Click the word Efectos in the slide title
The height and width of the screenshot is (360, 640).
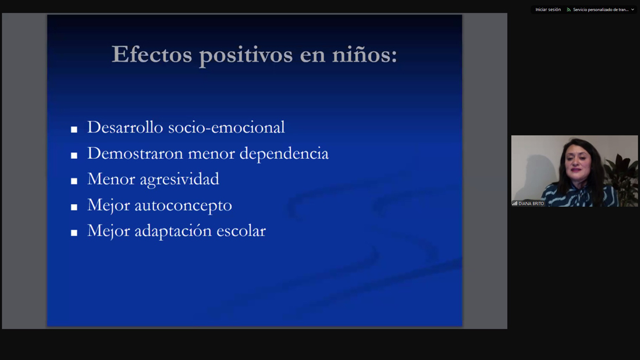[x=152, y=54]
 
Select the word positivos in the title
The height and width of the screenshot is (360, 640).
[x=246, y=55]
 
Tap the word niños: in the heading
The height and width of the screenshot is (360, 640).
[x=364, y=54]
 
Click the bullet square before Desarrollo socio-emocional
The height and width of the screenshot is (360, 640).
[x=74, y=129]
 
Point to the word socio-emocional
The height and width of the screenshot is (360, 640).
[x=226, y=127]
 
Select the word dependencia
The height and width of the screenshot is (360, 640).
[x=284, y=154]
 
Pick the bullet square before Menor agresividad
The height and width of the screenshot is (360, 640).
[x=74, y=181]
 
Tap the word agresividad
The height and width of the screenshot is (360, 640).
[x=179, y=180]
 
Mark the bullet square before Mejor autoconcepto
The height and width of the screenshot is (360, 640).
[x=74, y=207]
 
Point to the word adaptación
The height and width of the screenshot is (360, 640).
[x=173, y=231]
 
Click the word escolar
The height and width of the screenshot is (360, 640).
[x=241, y=231]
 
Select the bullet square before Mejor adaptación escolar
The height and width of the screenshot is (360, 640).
[x=74, y=233]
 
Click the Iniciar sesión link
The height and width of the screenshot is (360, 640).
[x=548, y=9]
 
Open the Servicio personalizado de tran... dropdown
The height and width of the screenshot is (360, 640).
[x=600, y=9]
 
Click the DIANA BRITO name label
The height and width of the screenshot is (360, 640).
[x=531, y=204]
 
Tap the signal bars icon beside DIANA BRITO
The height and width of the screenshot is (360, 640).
[x=515, y=204]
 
